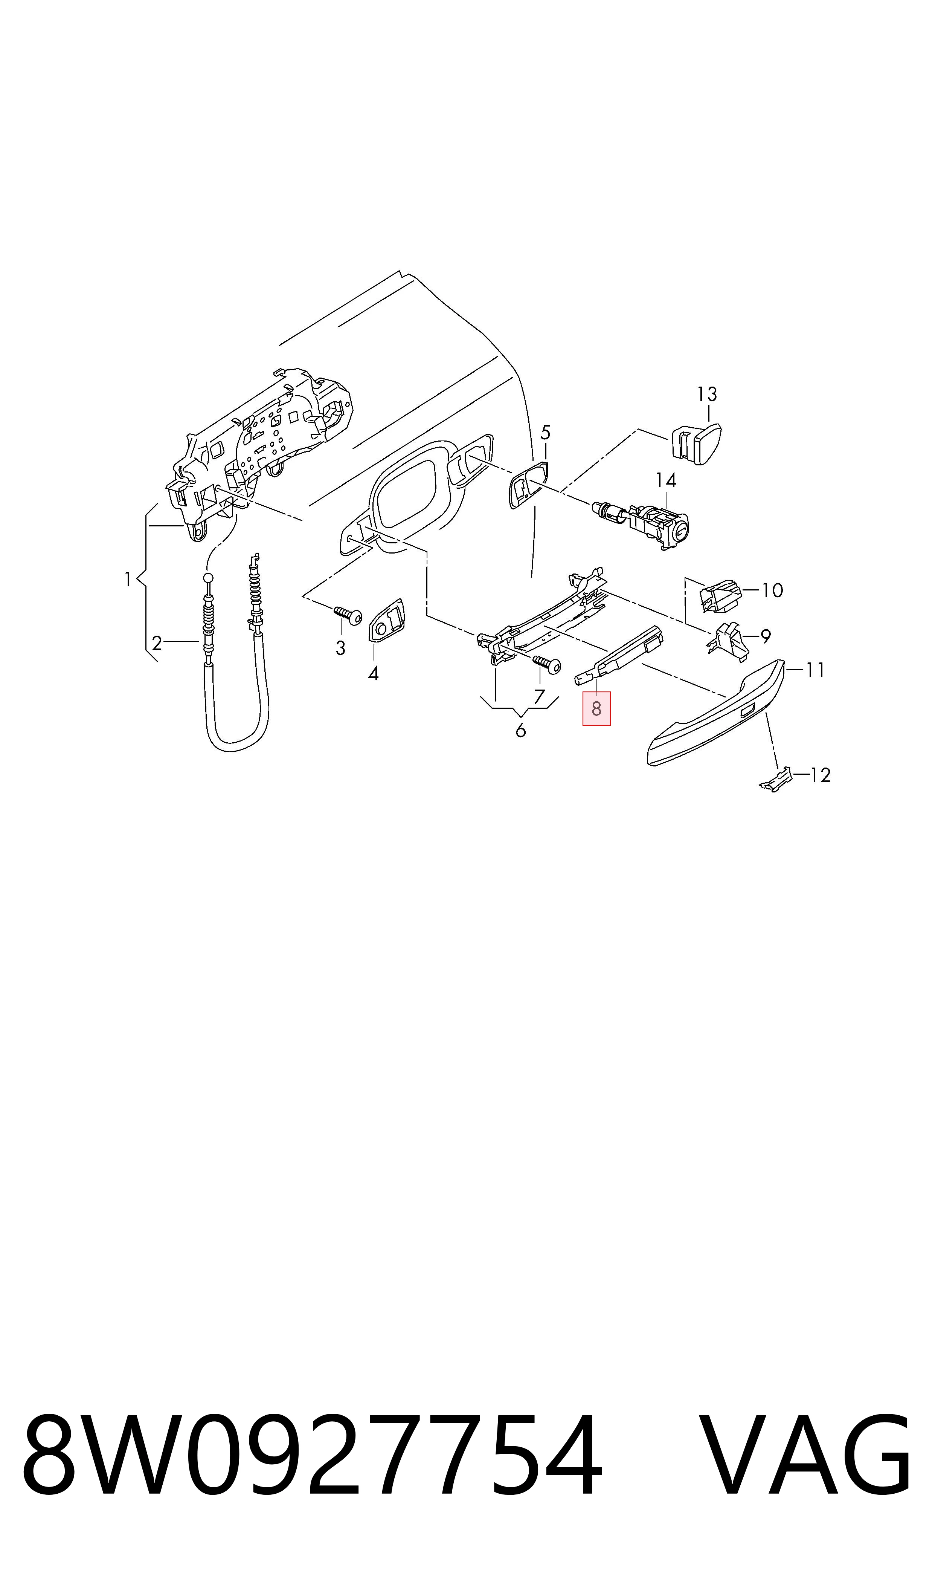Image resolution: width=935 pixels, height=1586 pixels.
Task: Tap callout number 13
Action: pyautogui.click(x=707, y=395)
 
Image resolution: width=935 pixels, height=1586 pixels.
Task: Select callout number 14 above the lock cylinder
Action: pyautogui.click(x=665, y=480)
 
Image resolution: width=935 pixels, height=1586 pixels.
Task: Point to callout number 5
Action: pyautogui.click(x=546, y=433)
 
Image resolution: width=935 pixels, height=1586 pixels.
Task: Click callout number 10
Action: pyautogui.click(x=772, y=591)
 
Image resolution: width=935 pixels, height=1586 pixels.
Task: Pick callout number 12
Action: pyautogui.click(x=820, y=775)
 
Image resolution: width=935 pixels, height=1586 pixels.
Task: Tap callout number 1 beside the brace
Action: pyautogui.click(x=128, y=579)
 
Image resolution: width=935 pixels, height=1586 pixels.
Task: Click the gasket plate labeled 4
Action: pyautogui.click(x=387, y=620)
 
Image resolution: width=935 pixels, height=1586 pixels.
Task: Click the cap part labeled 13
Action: pyautogui.click(x=695, y=444)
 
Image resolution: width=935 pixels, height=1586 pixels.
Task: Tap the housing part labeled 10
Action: pyautogui.click(x=720, y=595)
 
